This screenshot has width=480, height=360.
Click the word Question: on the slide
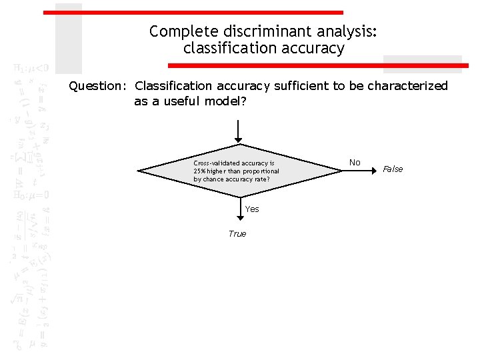99,86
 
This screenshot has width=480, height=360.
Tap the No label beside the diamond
355,163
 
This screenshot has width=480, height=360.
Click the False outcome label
393,169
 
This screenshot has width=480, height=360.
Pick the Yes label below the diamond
252,209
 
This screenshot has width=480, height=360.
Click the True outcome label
237,234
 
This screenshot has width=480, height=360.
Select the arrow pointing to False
360,171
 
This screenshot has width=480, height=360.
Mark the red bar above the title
193,12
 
